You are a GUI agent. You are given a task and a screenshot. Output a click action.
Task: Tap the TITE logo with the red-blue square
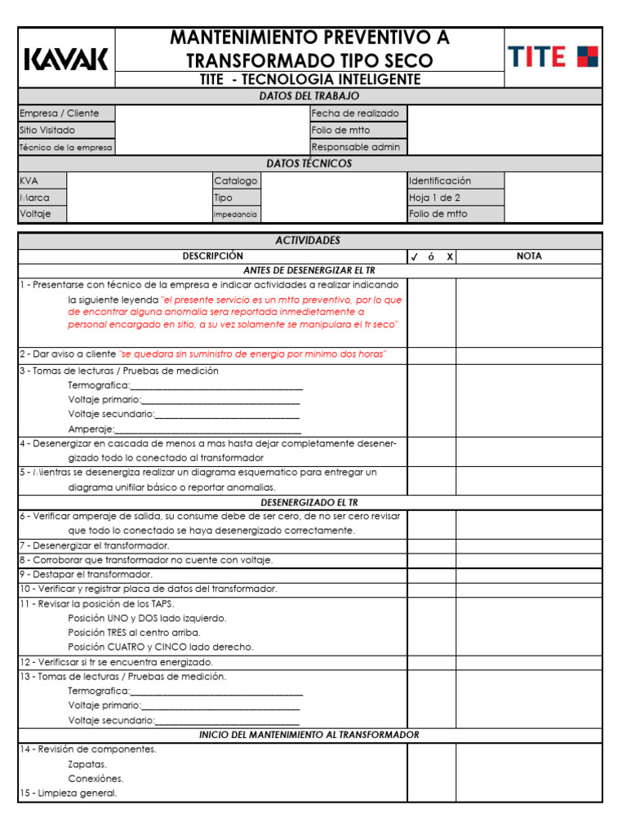coord(553,57)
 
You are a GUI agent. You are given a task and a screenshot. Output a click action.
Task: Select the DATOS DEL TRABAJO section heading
coord(309,96)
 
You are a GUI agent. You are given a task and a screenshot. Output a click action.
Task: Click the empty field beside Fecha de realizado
coord(504,113)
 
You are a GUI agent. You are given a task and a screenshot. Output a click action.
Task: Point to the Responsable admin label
coord(356,147)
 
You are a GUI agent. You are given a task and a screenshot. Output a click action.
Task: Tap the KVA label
coord(29,180)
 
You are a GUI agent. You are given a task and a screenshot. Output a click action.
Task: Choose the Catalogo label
coord(235,180)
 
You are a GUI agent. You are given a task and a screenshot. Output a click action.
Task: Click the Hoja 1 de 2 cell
coord(434,198)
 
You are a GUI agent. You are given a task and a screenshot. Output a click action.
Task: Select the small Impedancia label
coord(235,215)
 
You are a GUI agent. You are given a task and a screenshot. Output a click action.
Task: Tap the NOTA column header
coord(528,256)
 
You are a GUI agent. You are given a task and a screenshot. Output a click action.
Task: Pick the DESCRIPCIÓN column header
coord(212,256)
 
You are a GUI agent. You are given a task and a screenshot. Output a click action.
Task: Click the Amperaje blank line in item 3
coord(208,429)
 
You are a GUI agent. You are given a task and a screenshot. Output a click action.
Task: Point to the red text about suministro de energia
coord(252,354)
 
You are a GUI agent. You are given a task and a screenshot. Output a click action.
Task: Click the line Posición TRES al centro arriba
coord(134,632)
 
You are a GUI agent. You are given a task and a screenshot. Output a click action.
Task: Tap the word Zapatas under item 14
coord(87,764)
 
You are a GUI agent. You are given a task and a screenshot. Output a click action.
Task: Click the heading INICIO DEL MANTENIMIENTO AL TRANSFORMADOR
coord(309,735)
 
